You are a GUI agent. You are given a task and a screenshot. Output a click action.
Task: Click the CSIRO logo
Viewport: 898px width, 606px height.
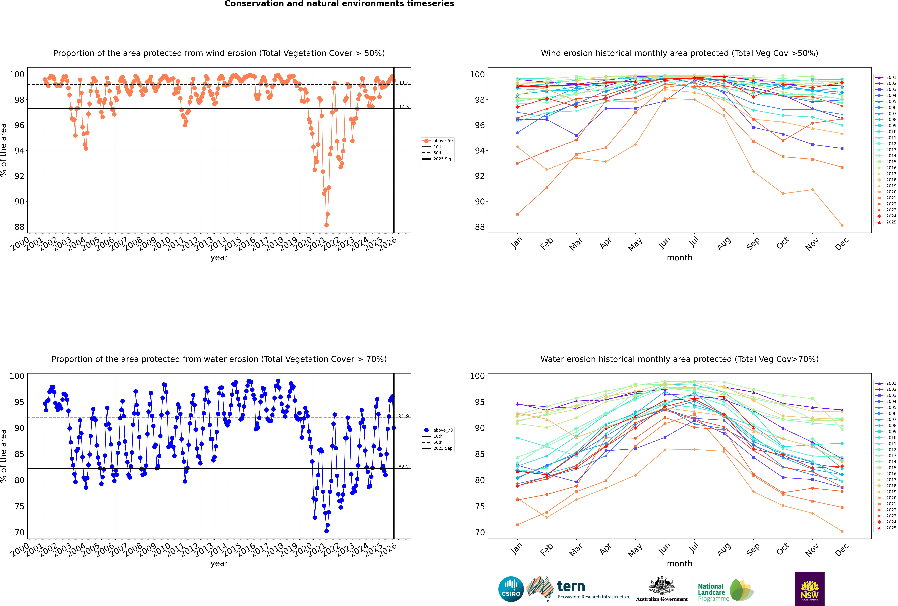[511, 589]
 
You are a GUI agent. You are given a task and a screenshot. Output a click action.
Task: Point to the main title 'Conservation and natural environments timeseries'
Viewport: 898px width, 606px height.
[339, 4]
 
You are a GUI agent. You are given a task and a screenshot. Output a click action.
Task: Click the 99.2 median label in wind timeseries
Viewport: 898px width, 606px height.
[403, 83]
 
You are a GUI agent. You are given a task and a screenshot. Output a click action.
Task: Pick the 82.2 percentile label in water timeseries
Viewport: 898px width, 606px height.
[403, 467]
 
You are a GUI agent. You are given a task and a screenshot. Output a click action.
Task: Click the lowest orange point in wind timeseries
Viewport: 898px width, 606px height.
[327, 225]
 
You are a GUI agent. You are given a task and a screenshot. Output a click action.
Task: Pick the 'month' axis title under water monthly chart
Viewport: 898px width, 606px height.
[679, 564]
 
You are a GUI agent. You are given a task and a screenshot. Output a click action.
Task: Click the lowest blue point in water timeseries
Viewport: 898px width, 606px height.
[327, 531]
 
